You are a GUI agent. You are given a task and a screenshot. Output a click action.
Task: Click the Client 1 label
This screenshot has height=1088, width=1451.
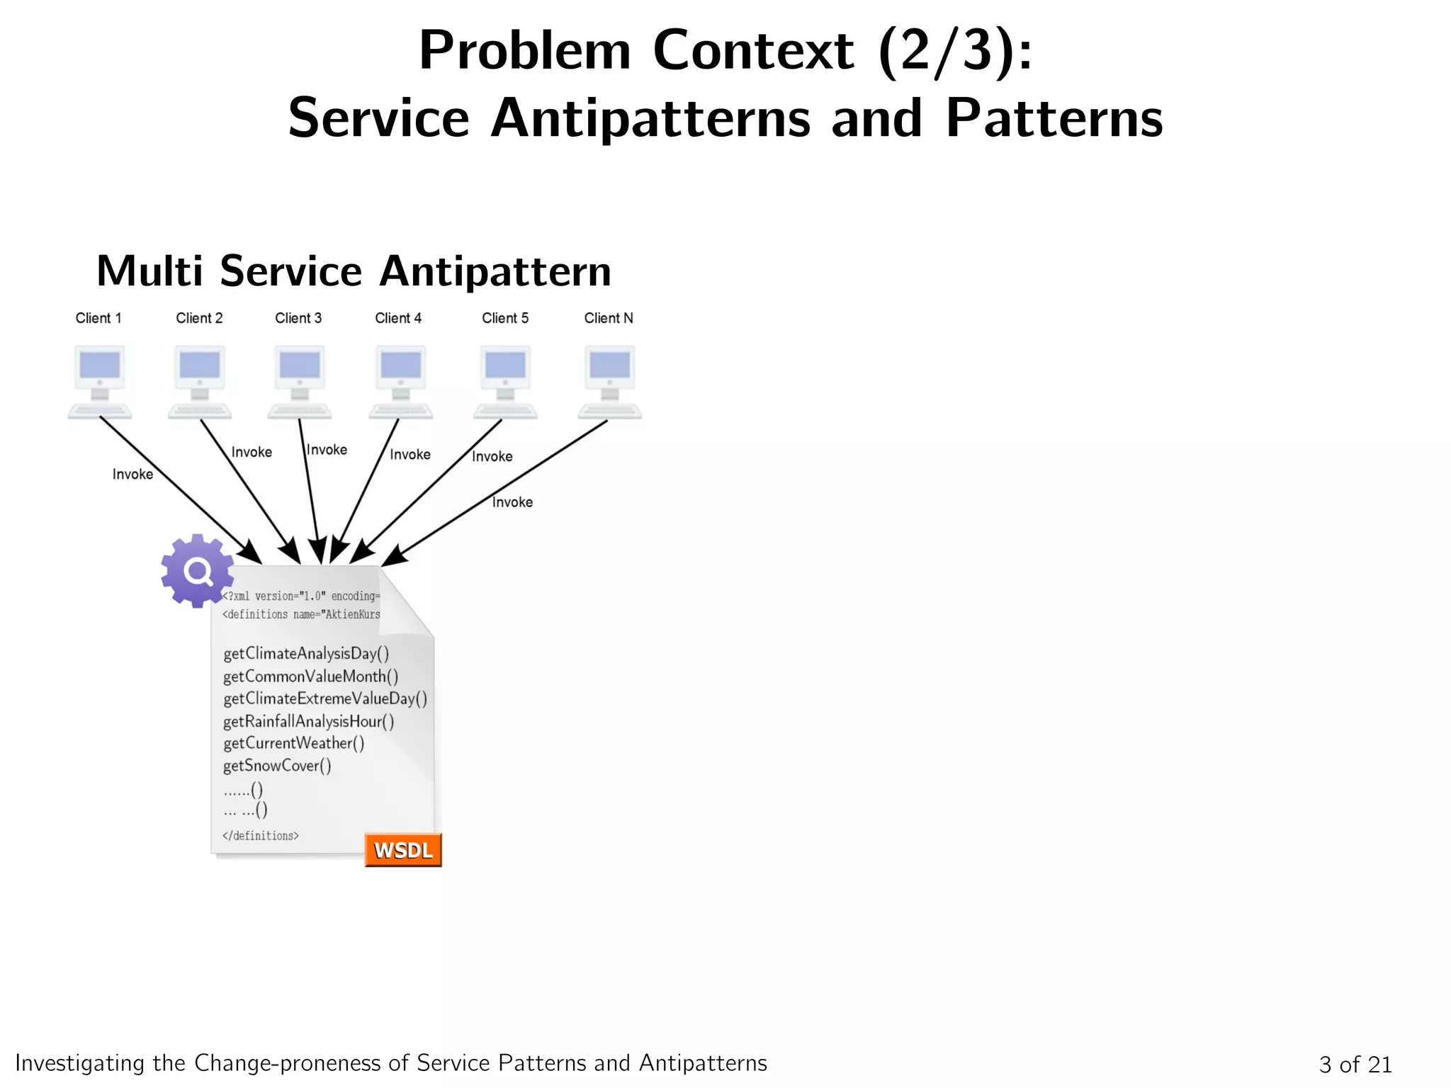coord(98,318)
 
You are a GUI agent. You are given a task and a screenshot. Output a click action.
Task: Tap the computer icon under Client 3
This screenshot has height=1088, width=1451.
coord(300,381)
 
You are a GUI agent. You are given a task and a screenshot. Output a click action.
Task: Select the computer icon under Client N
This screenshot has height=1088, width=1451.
coord(609,381)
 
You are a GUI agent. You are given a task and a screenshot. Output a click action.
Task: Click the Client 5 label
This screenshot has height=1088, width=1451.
coord(505,318)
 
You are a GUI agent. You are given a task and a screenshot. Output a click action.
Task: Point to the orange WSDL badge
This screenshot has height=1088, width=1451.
coord(403,849)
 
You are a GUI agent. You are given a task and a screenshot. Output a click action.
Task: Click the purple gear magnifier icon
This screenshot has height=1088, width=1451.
coord(197,570)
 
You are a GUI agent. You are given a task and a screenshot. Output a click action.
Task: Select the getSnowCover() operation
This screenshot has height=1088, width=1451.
coord(277,766)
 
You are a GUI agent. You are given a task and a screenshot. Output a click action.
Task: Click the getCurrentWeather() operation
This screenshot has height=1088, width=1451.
coord(293,743)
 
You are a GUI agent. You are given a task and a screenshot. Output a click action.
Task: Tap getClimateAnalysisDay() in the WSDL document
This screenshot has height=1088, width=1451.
coord(306,653)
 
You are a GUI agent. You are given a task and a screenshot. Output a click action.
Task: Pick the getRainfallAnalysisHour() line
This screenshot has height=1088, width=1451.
coord(308,721)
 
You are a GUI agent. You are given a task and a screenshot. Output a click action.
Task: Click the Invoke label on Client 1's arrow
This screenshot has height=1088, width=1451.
coord(132,474)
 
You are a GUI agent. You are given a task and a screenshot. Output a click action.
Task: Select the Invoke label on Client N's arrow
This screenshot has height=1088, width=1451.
coord(512,502)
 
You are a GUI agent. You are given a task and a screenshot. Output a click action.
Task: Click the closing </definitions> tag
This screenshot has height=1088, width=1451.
coord(261,836)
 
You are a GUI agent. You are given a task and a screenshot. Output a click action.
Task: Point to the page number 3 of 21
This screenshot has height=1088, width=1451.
coord(1355,1064)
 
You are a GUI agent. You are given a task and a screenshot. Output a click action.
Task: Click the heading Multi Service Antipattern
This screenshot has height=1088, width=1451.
coord(354,271)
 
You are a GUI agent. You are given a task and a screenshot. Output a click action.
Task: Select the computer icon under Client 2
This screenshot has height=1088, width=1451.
coord(200,381)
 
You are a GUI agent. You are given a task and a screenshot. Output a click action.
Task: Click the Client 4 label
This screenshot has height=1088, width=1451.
coord(398,318)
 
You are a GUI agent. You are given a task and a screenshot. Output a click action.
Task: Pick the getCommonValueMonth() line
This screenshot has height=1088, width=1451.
coord(310,676)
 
